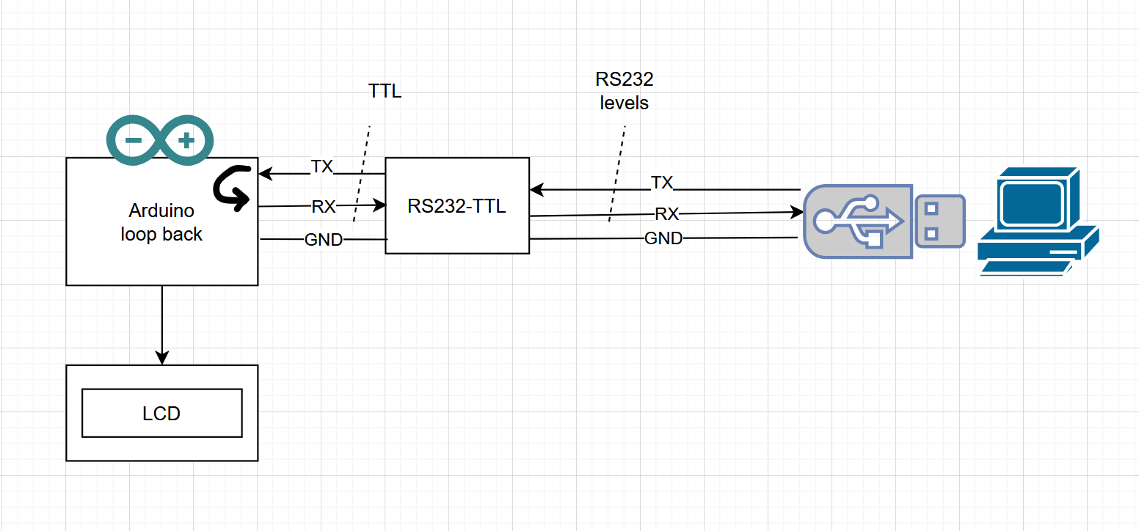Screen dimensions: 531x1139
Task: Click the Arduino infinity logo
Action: click(x=161, y=140)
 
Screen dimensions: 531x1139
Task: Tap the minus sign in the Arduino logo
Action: click(x=134, y=139)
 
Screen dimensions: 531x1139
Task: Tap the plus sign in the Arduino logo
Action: click(x=186, y=139)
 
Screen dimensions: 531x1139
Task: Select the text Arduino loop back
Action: click(x=161, y=222)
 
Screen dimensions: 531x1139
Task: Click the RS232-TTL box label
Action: click(x=456, y=206)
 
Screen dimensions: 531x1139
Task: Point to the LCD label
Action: click(x=161, y=414)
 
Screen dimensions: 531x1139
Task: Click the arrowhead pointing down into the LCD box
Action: click(x=162, y=357)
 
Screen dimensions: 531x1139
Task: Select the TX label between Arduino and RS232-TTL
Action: click(x=322, y=166)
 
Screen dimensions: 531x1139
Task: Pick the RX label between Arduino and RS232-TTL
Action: click(x=324, y=207)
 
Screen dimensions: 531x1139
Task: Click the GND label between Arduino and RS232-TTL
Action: click(x=324, y=240)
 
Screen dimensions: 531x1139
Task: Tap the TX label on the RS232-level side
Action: click(x=662, y=182)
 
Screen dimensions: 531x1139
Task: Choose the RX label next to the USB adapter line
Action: click(x=666, y=214)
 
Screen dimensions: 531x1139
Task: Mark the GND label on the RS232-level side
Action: click(x=663, y=238)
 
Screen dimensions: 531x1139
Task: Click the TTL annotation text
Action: click(x=385, y=92)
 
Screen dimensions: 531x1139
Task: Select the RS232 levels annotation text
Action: click(x=625, y=91)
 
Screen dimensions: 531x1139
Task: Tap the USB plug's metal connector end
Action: click(x=939, y=221)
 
